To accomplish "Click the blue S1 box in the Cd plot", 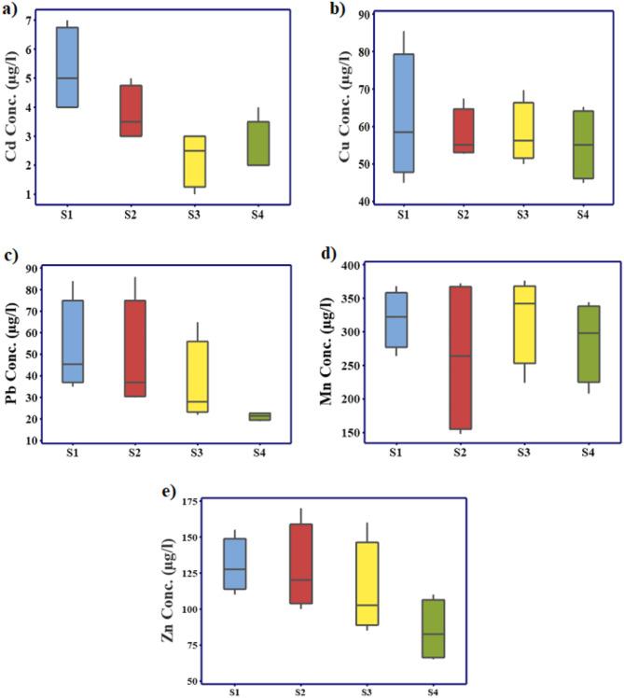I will (67, 66).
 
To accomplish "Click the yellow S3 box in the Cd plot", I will (194, 161).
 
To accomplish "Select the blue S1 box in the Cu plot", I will (404, 113).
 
